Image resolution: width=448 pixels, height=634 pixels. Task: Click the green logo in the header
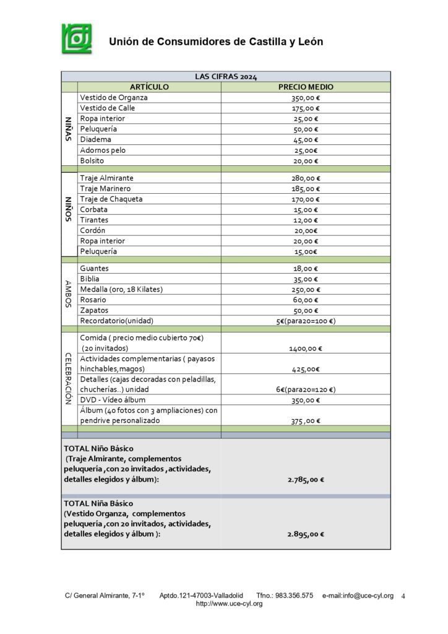(x=77, y=39)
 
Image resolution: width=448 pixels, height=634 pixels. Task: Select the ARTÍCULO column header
(x=149, y=87)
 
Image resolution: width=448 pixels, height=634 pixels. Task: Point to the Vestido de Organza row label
(x=114, y=97)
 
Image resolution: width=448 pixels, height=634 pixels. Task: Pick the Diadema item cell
(x=95, y=139)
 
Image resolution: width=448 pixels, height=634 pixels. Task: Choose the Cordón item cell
(x=93, y=230)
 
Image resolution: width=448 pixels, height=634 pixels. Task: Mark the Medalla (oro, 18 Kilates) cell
(x=126, y=290)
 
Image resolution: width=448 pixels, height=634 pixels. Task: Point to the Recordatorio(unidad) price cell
(x=305, y=321)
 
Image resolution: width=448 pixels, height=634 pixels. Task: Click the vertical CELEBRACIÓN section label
(x=69, y=379)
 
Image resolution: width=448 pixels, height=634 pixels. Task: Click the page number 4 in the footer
(x=403, y=596)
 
